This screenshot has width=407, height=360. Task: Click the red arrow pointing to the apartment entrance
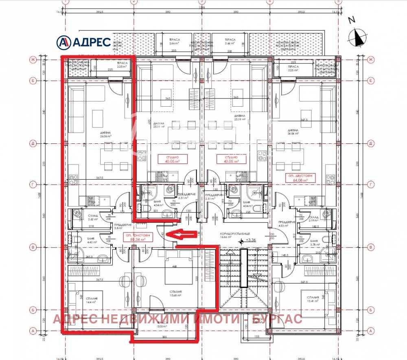tap(182, 234)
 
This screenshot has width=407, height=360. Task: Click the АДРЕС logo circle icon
tap(63, 42)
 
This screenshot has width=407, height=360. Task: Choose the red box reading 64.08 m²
tap(296, 177)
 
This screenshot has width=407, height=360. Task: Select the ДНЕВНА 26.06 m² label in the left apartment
tap(95, 135)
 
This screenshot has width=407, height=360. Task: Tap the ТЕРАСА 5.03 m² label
tap(163, 324)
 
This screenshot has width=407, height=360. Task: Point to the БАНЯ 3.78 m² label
tap(314, 243)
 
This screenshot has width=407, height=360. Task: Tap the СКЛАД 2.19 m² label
tap(314, 219)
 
